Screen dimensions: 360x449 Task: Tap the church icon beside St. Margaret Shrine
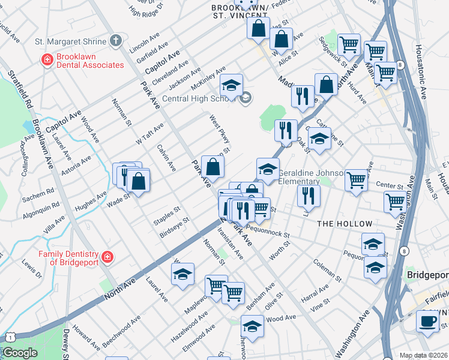[116, 41]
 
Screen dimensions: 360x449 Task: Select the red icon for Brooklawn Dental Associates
[46, 60]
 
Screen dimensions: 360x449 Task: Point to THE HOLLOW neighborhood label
[345, 224]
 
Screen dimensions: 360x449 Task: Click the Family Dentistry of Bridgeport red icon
[107, 257]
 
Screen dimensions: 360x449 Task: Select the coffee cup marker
[428, 321]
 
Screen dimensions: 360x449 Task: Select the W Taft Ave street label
[149, 134]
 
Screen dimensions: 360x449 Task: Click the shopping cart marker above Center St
[357, 179]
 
